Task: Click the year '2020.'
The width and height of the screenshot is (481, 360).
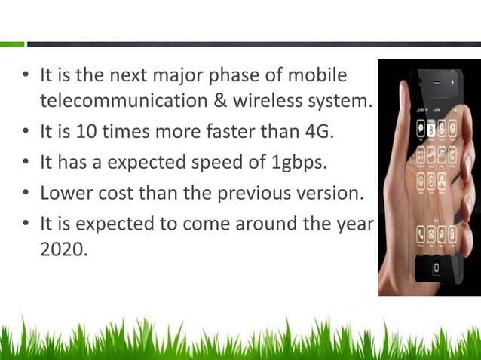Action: click(x=63, y=249)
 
